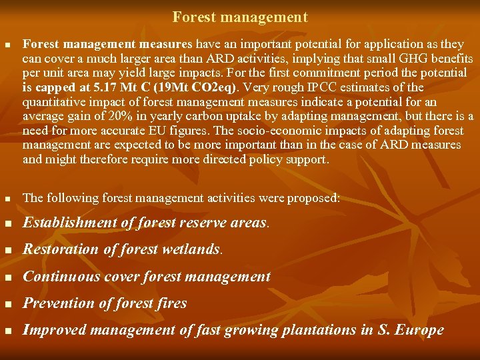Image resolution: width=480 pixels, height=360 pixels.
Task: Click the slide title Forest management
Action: click(x=240, y=17)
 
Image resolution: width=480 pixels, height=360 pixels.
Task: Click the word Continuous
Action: click(x=60, y=277)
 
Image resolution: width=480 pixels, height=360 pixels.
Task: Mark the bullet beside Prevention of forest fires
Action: click(x=9, y=304)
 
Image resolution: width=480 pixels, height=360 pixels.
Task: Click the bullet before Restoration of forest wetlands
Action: click(x=9, y=251)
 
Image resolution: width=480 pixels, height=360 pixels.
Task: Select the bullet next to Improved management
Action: click(x=9, y=331)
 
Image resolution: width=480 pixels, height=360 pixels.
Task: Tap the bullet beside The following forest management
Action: click(x=8, y=199)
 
